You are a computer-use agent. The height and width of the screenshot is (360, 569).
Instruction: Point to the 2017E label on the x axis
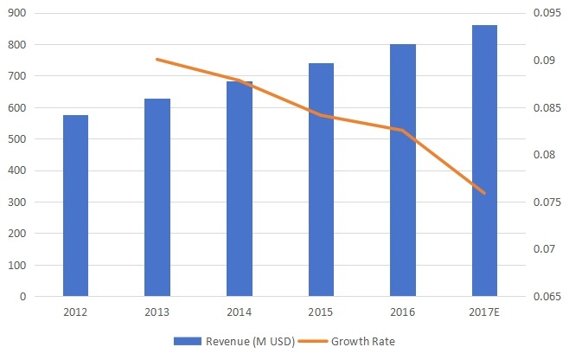click(484, 311)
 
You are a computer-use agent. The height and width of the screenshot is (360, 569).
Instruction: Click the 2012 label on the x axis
click(75, 311)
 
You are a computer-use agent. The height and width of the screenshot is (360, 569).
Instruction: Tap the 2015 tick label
click(321, 311)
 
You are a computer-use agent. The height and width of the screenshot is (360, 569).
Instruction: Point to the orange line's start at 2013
click(157, 59)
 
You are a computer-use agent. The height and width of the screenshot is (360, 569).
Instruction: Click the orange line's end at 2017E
click(484, 194)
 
